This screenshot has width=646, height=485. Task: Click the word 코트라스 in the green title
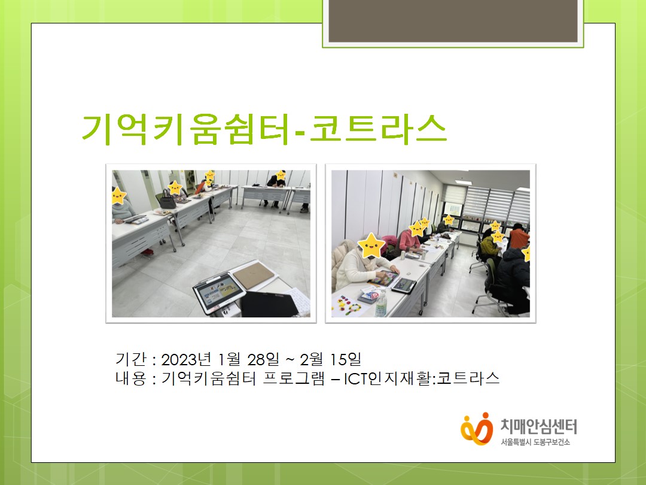(x=378, y=128)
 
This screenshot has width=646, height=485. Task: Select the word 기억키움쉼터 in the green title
(x=186, y=129)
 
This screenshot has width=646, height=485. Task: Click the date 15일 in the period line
(x=346, y=360)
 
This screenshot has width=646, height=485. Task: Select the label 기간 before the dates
(x=130, y=359)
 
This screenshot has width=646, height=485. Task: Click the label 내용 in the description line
(x=130, y=378)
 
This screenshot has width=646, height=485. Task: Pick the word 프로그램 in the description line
(x=294, y=378)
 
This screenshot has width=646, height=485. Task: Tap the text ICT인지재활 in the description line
(x=388, y=378)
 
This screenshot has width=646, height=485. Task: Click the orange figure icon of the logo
(x=477, y=429)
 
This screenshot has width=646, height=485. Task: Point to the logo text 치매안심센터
(x=539, y=426)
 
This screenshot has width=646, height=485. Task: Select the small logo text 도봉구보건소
(x=551, y=442)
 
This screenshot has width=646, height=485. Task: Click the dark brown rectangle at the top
(x=453, y=20)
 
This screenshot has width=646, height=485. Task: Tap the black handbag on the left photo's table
(x=167, y=200)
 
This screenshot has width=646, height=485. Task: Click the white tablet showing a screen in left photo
(x=220, y=293)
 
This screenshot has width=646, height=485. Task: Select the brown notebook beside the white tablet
(x=254, y=275)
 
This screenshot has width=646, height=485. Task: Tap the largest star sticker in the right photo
(x=371, y=246)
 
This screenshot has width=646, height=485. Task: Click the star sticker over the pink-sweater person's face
(x=417, y=229)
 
